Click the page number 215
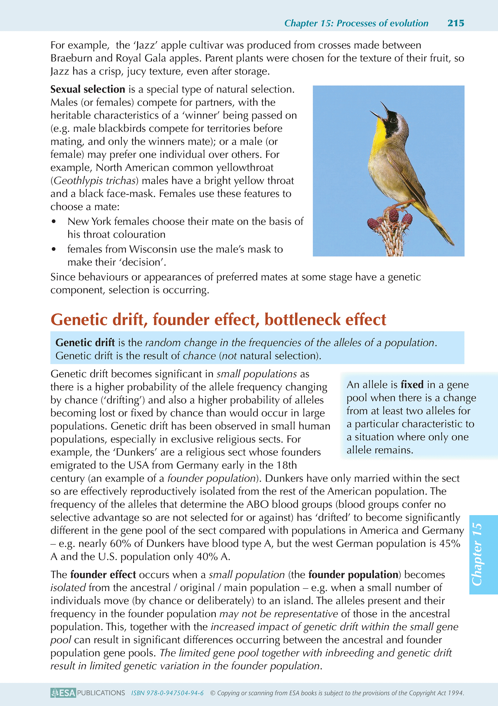456,23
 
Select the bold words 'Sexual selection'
88,89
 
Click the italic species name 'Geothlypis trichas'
94,181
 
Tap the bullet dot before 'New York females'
54,222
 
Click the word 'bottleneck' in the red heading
303,319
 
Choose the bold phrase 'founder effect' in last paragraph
103,575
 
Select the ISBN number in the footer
167,693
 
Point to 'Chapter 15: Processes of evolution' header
356,23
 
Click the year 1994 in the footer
456,693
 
